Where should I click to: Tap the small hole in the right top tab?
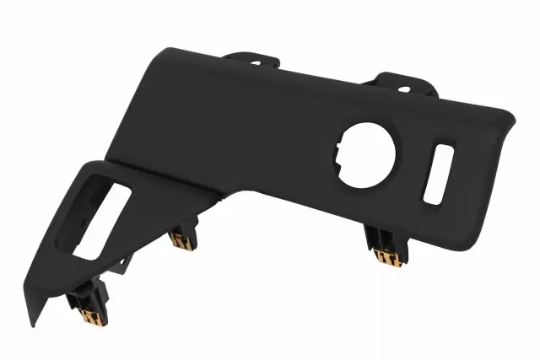(404, 88)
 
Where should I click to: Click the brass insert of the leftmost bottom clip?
(89, 317)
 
